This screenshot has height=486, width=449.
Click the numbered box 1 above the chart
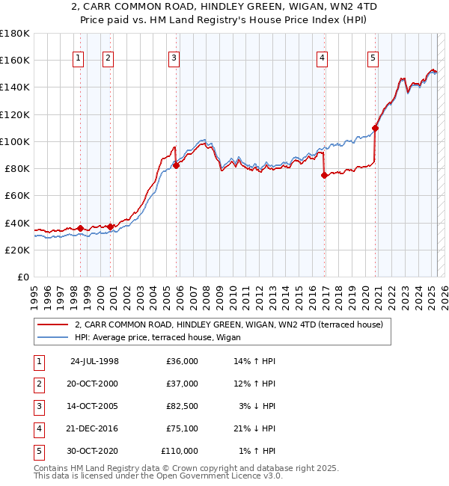pos(79,60)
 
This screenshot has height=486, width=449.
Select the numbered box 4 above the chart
pos(322,60)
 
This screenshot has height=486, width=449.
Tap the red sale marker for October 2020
pos(375,128)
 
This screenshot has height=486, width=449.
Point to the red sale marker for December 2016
pos(324,176)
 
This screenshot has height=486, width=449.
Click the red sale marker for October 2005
pos(177,165)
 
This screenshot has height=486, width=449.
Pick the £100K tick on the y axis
pos(15,141)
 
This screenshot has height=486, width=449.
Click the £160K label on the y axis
pos(15,60)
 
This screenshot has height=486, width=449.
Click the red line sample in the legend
pos(52,324)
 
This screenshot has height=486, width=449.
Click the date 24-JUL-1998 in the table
pos(94,361)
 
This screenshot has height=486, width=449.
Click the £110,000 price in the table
pos(180,451)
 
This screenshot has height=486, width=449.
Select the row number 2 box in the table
pos(38,384)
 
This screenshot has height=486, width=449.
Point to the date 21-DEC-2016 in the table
pos(94,428)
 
